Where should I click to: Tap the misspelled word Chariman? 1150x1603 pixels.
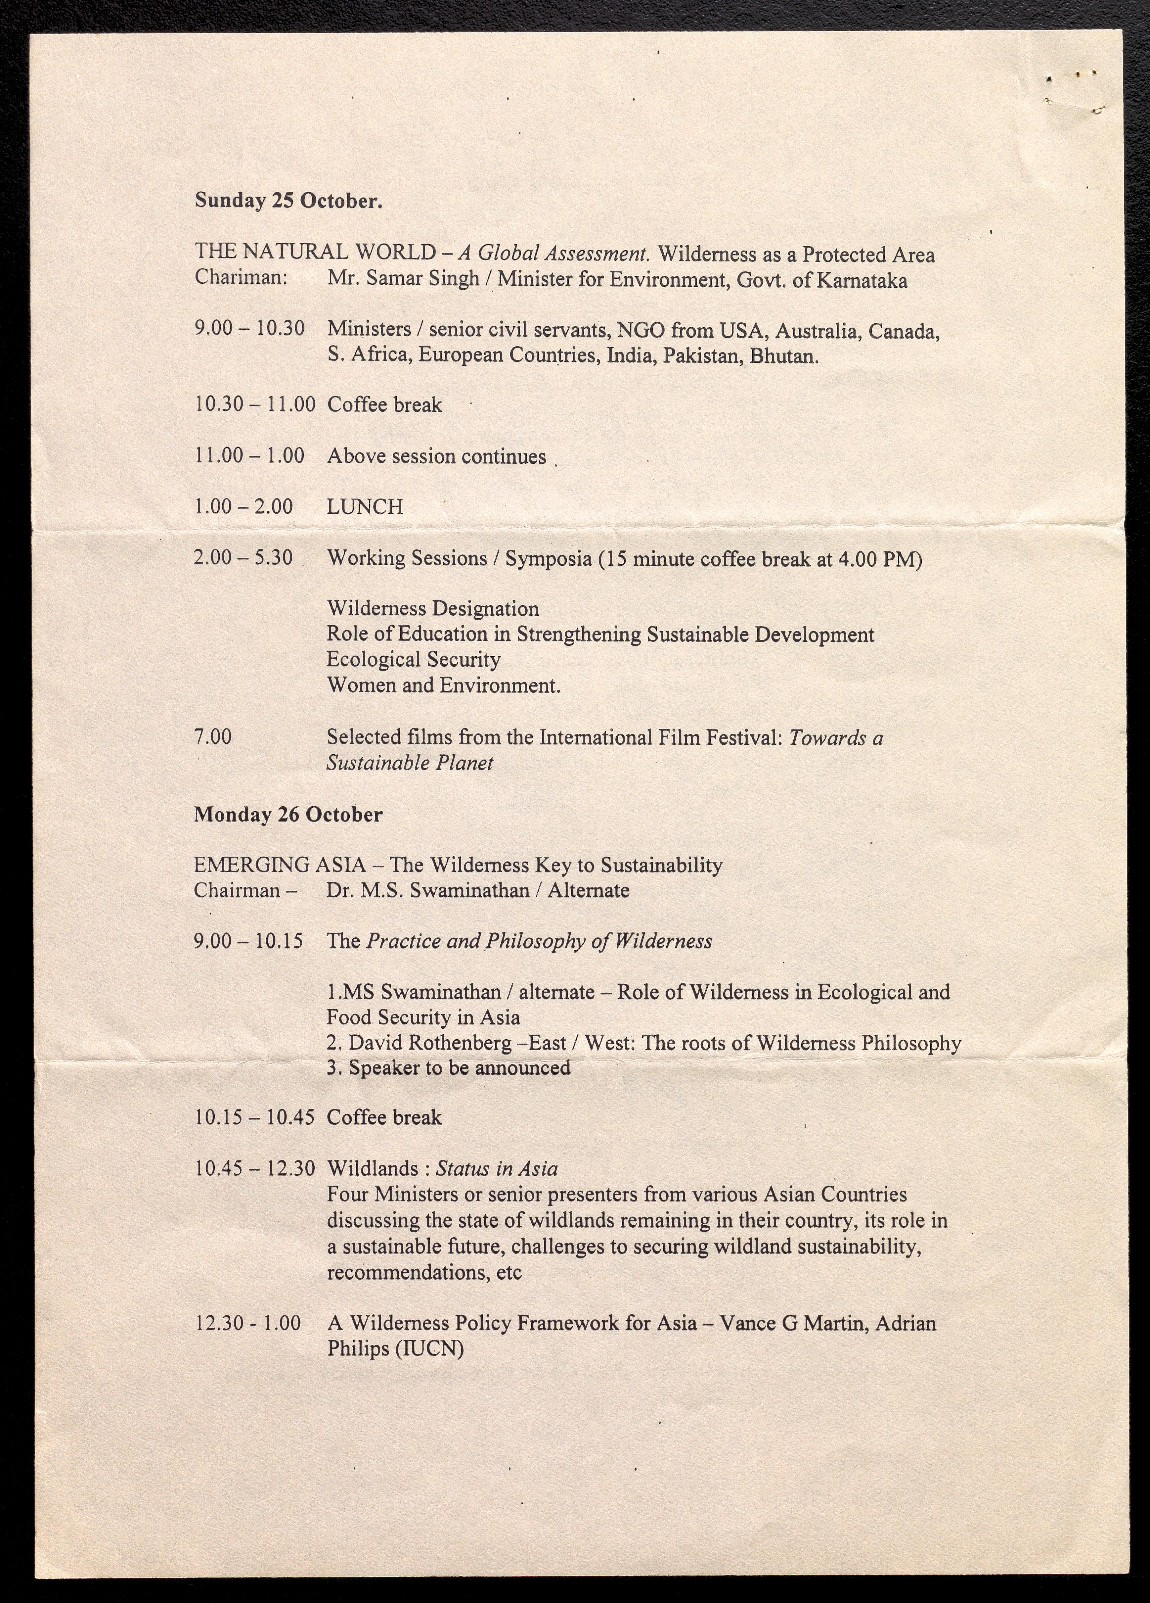click(x=240, y=277)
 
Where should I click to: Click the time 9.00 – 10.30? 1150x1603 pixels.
click(x=249, y=329)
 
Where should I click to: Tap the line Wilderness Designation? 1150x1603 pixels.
click(x=432, y=609)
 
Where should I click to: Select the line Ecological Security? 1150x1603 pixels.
click(x=413, y=659)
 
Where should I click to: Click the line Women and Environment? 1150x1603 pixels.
click(x=443, y=685)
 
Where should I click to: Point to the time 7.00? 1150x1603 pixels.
click(x=213, y=736)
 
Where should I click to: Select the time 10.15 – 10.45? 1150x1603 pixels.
click(x=254, y=1117)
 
